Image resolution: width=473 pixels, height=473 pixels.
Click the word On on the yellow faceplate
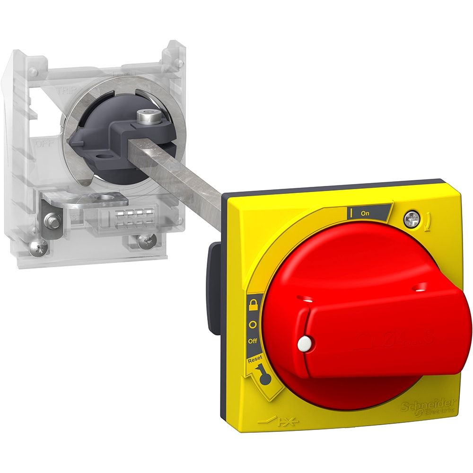(365, 213)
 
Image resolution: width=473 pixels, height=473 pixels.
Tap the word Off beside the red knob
(253, 341)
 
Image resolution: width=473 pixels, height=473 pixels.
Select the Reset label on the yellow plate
(254, 359)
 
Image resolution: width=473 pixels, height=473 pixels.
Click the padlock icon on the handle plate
(254, 303)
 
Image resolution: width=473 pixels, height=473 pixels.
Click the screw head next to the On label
(410, 219)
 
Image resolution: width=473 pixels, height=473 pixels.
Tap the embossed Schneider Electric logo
(428, 406)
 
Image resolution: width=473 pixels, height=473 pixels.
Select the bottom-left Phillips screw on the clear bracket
(39, 246)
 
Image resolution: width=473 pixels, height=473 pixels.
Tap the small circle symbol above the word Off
(253, 325)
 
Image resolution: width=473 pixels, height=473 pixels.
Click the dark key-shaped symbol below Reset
(263, 377)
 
